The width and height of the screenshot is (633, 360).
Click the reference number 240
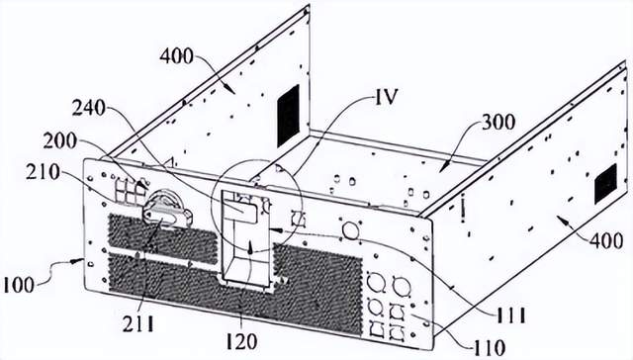click(x=89, y=108)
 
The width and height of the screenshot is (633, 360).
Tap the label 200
click(x=59, y=141)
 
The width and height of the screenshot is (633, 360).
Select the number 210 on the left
click(x=43, y=172)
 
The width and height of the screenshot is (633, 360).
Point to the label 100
click(x=18, y=286)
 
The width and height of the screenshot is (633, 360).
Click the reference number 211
click(x=138, y=323)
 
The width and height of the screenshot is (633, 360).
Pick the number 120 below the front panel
click(x=241, y=342)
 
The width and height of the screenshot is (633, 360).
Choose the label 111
click(x=510, y=315)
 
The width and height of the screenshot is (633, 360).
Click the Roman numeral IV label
click(x=387, y=97)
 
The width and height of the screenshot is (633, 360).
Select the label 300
click(x=498, y=123)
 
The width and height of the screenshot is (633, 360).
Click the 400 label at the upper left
click(x=176, y=56)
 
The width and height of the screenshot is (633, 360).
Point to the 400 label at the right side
click(x=606, y=241)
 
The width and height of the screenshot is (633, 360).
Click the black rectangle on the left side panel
click(x=288, y=116)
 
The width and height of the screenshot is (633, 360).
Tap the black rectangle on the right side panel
click(x=605, y=184)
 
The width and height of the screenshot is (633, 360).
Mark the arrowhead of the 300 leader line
click(x=441, y=169)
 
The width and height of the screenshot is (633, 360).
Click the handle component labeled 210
click(x=166, y=209)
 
